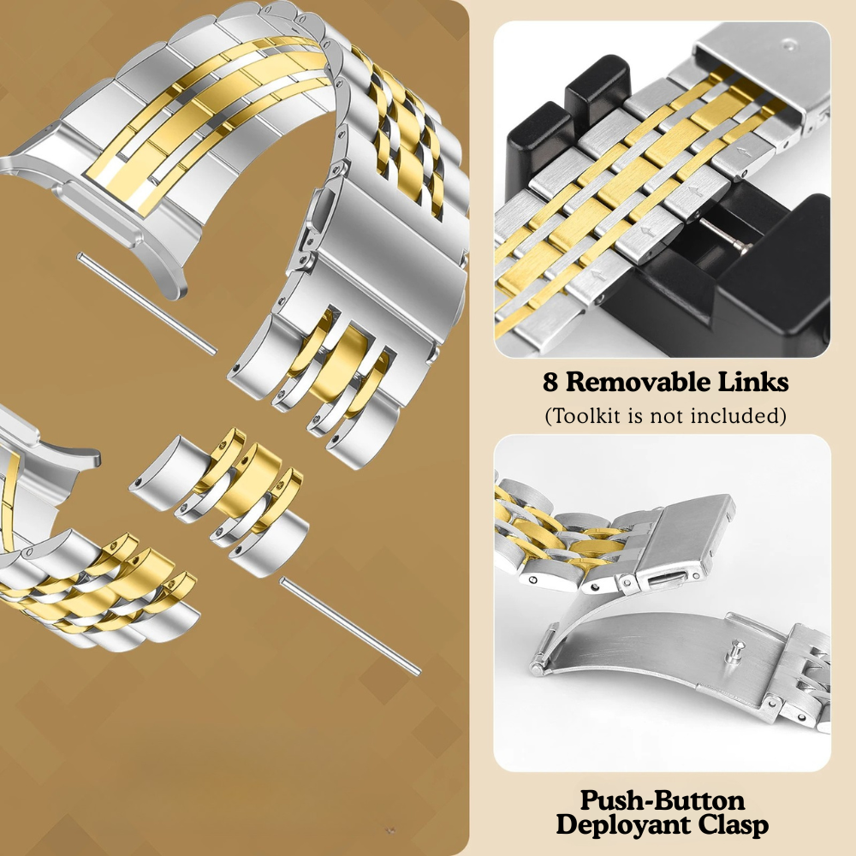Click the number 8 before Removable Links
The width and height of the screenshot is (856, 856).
click(x=550, y=382)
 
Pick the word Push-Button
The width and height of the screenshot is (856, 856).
click(x=663, y=801)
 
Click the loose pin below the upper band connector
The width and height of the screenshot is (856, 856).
click(x=147, y=304)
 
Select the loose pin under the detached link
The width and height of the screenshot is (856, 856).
click(x=350, y=627)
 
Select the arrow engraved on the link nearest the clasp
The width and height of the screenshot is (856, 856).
click(x=741, y=152)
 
